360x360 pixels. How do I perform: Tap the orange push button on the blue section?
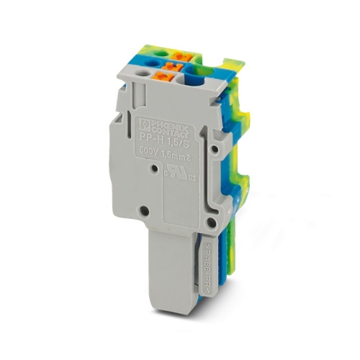(x=171, y=68)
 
